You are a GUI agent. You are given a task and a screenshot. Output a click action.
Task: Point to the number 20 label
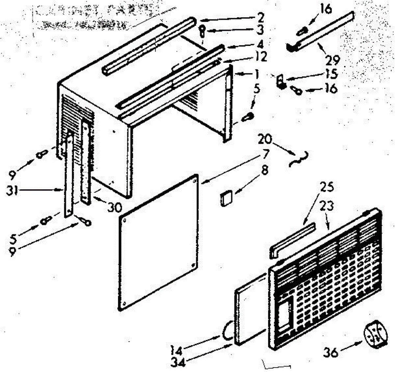[265, 139]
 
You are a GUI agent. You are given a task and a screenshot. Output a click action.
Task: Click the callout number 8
[265, 171]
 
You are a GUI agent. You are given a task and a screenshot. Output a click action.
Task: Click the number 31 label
[12, 190]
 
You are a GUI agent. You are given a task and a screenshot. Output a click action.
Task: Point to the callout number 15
[332, 74]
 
